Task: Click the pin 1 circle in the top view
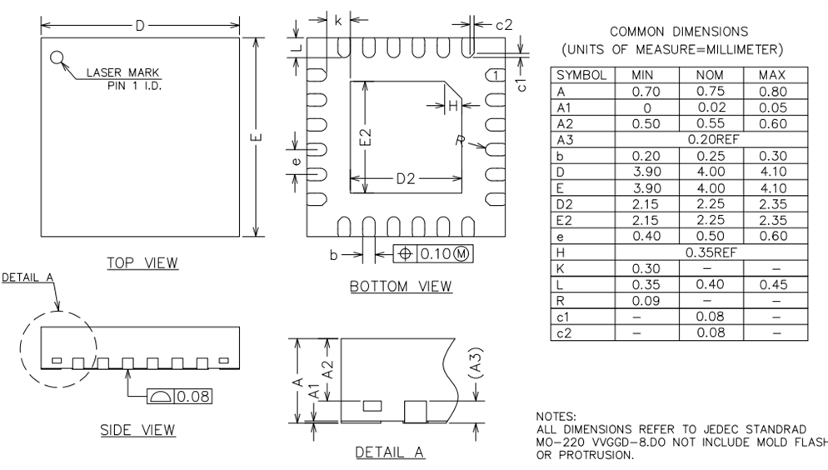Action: (57, 57)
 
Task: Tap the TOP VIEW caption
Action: (142, 263)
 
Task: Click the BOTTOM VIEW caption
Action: (401, 287)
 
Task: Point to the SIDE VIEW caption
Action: (137, 430)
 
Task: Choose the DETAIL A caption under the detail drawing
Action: (390, 452)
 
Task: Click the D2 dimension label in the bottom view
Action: (406, 178)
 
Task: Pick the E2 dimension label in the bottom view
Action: (365, 137)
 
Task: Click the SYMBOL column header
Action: (581, 75)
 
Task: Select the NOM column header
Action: (709, 75)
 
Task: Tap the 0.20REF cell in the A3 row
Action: (709, 139)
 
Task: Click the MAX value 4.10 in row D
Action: (771, 172)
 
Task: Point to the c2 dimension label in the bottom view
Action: (503, 24)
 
